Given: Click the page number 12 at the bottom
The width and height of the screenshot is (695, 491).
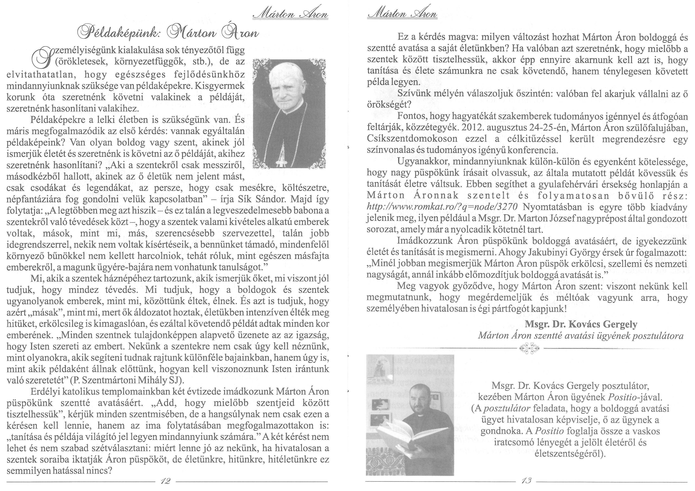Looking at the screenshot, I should point(166,481).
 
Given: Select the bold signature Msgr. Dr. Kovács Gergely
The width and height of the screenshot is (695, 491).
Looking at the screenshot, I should point(581,324).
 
